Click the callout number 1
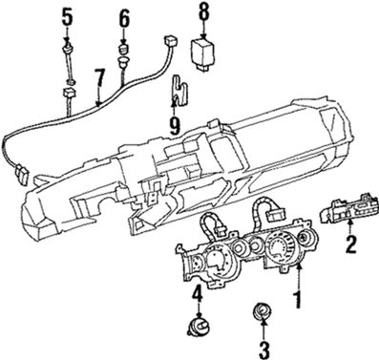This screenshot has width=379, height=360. point(297,297)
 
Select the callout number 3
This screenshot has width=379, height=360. point(263,349)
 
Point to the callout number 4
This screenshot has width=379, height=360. point(198,296)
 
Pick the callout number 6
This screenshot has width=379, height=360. point(124,19)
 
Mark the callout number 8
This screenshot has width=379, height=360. point(203,12)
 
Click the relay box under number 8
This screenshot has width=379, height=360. point(203,53)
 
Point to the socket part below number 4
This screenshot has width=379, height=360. point(198,327)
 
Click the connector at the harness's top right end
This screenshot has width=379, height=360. point(169,41)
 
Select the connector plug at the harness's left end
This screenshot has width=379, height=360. point(21,174)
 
